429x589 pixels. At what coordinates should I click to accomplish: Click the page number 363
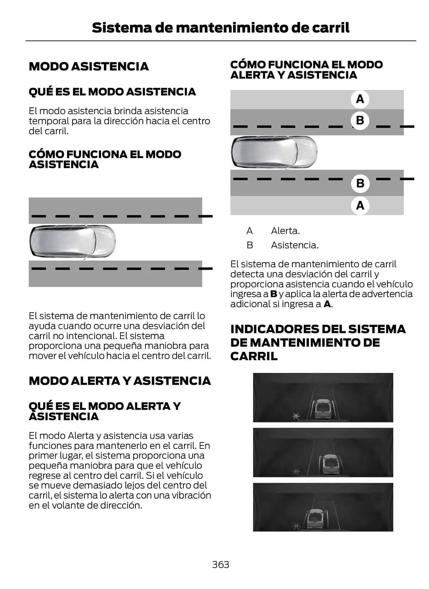click(x=220, y=564)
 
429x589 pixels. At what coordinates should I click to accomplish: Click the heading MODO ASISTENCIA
click(x=89, y=66)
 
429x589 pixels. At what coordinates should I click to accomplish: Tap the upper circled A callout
click(x=360, y=99)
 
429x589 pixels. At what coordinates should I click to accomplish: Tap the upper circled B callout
click(x=360, y=120)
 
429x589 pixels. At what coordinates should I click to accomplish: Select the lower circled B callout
click(x=360, y=183)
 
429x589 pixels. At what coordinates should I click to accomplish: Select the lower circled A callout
click(x=360, y=205)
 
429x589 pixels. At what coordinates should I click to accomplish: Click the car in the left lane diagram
click(x=73, y=241)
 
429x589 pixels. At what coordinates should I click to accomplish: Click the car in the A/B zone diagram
click(x=274, y=152)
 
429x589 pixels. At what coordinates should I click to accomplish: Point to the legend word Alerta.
click(x=285, y=231)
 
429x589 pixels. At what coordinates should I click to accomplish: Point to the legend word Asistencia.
click(x=294, y=245)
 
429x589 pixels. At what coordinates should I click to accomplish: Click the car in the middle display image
click(x=331, y=464)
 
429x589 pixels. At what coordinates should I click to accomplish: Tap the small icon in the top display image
click(x=296, y=416)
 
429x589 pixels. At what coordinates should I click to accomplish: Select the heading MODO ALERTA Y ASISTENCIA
click(x=120, y=381)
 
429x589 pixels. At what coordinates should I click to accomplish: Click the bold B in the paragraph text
click(x=274, y=294)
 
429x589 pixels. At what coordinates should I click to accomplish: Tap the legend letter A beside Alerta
click(x=249, y=231)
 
